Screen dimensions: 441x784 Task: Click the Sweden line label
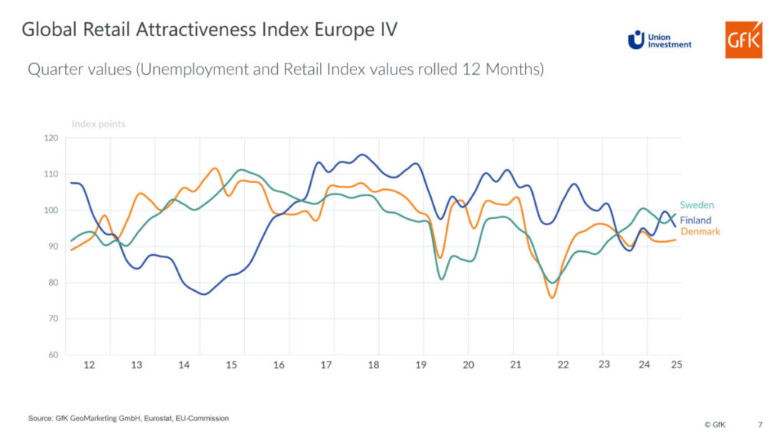697,205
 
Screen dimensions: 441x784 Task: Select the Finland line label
696,220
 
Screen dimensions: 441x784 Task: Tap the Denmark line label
701,231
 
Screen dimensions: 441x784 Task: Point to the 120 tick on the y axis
51,138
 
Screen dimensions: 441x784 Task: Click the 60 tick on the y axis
53,355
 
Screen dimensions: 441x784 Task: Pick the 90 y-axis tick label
53,247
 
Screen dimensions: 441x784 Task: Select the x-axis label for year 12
90,365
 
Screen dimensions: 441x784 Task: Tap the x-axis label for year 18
374,365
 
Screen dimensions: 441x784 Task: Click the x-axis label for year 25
676,364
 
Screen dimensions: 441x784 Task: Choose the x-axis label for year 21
516,365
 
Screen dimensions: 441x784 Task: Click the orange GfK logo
743,40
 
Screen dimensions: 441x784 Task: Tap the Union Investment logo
659,40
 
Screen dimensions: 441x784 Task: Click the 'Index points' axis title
98,124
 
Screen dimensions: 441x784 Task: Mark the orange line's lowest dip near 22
552,298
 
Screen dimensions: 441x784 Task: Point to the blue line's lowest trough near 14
204,294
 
